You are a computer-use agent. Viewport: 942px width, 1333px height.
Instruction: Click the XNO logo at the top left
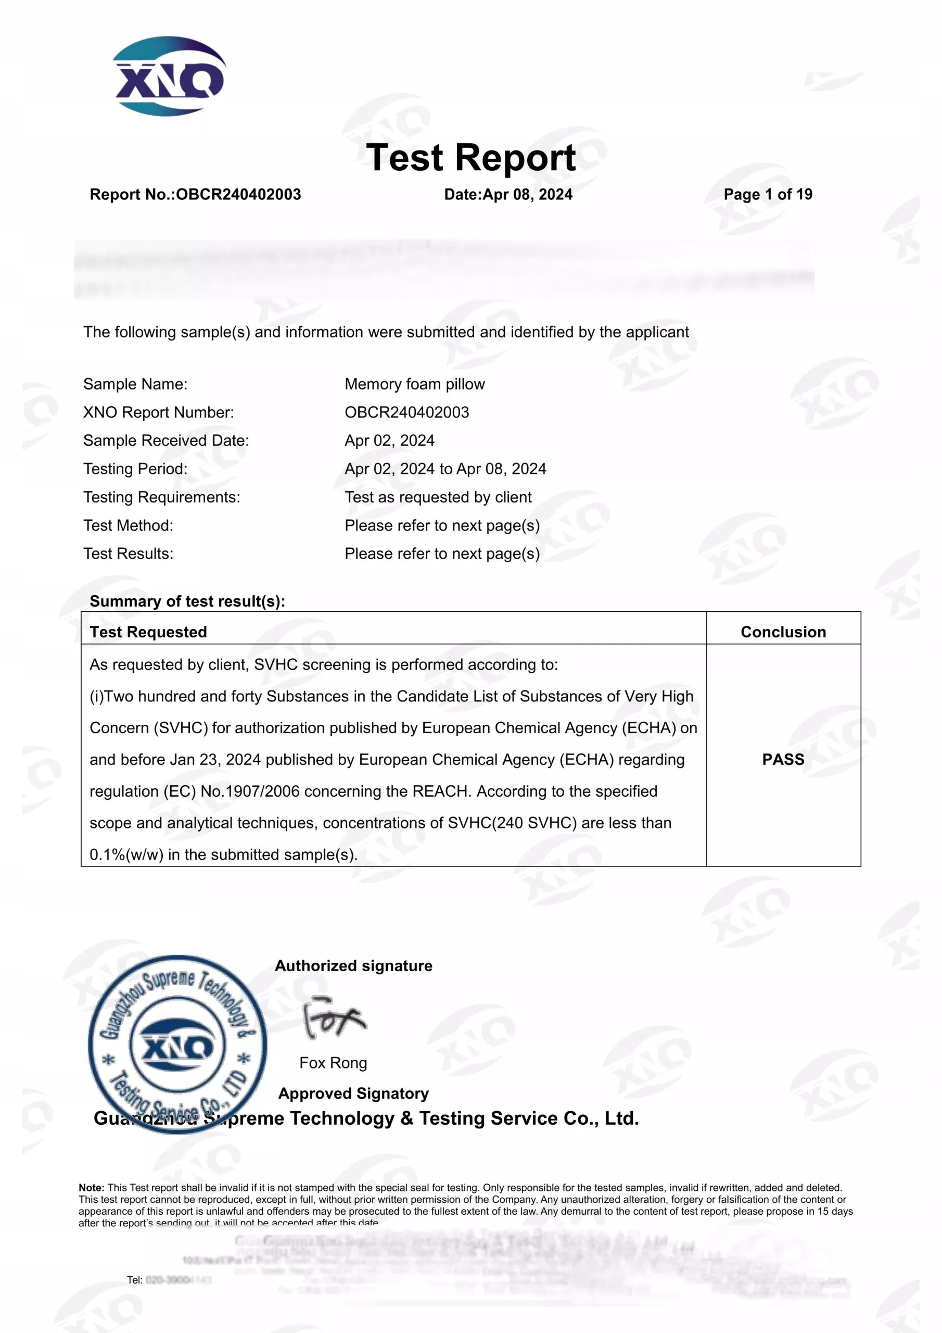pos(168,76)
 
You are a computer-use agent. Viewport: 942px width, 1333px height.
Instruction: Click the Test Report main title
pos(470,157)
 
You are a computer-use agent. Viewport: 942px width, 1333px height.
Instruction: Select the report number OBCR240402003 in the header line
pos(238,195)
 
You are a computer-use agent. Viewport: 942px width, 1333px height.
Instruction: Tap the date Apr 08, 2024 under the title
pos(527,195)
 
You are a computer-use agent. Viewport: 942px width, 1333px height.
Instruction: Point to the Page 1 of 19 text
pos(767,195)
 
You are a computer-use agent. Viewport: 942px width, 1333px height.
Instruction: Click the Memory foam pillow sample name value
pos(414,384)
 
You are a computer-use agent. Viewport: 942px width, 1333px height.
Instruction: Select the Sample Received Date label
pos(166,441)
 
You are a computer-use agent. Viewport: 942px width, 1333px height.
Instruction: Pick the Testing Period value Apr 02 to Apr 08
pos(445,469)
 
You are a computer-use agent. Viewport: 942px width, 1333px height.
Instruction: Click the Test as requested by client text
pos(438,498)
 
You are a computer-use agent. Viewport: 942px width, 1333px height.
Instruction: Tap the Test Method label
pos(128,526)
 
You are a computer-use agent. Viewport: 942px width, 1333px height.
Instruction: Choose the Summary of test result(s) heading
pos(187,601)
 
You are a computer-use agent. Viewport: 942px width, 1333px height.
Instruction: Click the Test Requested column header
pos(148,632)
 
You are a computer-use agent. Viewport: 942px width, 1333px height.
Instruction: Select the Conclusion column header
pos(783,632)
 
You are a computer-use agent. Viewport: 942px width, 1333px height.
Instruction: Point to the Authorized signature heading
pos(353,966)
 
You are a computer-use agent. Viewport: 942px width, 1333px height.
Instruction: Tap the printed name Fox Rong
pos(333,1063)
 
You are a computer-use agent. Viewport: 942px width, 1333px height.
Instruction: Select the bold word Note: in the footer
pos(92,1188)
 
